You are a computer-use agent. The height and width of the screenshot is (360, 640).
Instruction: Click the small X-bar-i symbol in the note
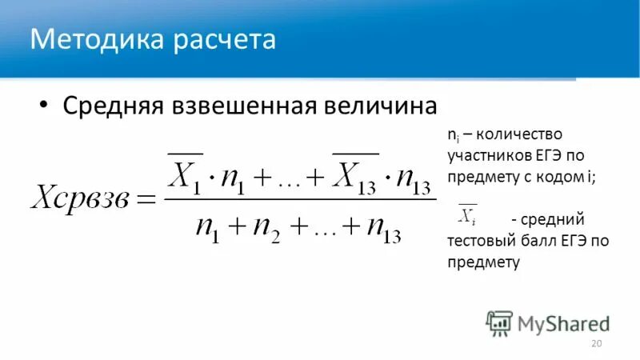pos(466,214)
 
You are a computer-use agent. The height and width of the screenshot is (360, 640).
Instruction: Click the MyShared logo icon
pos(499,322)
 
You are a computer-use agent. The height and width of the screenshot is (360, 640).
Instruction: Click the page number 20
pos(595,343)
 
